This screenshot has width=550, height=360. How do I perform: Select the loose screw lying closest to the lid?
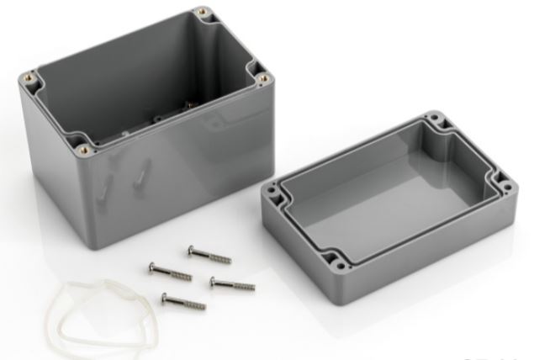pos(230,283)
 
